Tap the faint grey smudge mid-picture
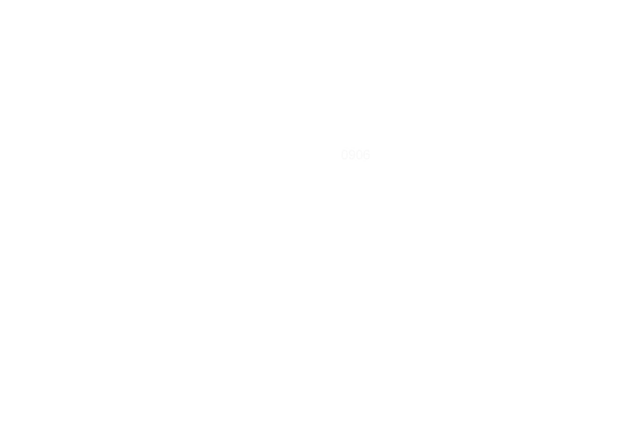355,155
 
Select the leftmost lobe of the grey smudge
343,155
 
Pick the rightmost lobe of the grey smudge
368,155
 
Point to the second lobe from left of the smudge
351,155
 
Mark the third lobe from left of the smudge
360,155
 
